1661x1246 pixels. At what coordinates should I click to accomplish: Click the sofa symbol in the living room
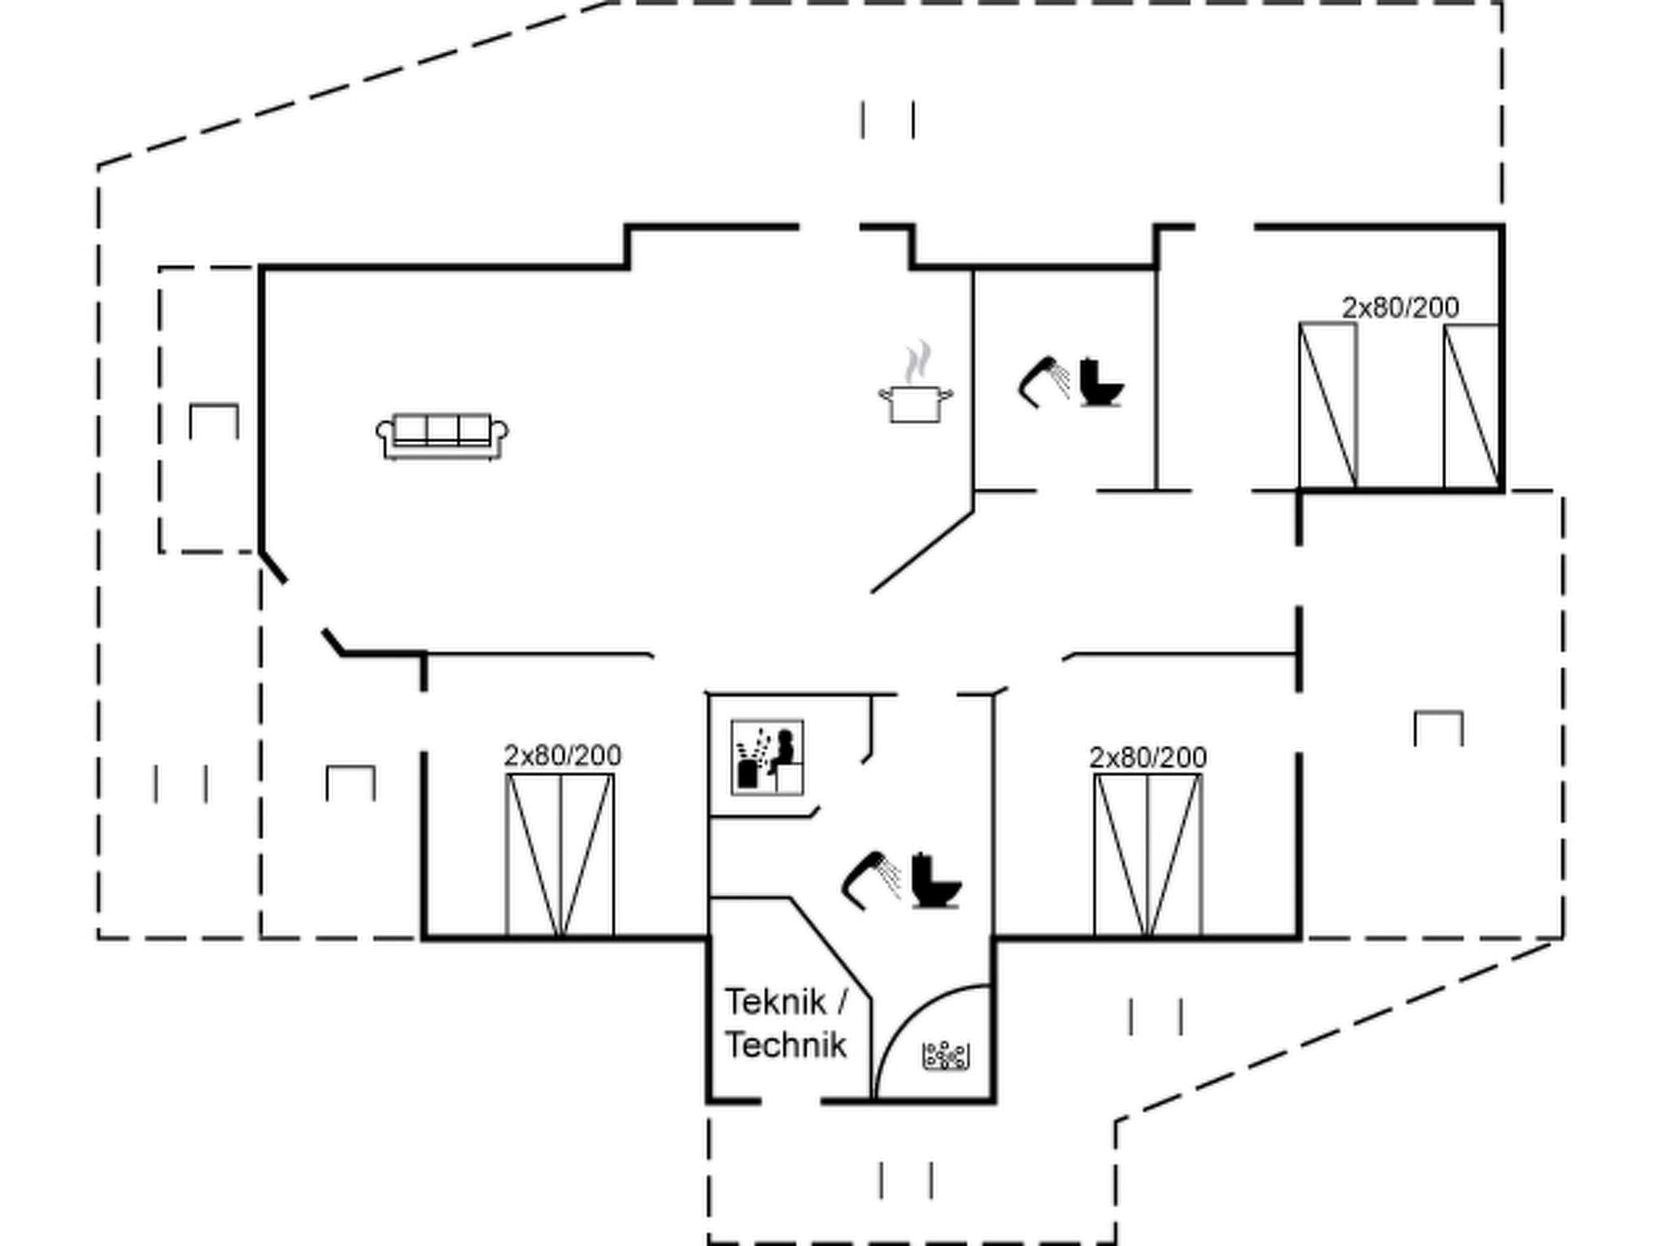point(442,436)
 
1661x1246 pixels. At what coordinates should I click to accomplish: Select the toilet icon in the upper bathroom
point(1101,382)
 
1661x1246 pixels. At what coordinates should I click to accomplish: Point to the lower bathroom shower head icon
point(871,879)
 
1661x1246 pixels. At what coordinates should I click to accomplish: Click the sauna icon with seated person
point(767,757)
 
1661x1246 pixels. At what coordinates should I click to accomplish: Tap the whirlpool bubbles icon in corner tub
point(946,1055)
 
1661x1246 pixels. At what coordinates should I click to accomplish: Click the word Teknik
point(775,1003)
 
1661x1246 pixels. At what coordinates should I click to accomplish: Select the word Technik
point(785,1045)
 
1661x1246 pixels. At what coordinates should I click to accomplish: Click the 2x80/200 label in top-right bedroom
point(1400,307)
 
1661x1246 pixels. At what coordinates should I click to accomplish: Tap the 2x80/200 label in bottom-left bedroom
point(562,756)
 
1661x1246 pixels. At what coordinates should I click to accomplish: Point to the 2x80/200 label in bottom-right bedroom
point(1148,758)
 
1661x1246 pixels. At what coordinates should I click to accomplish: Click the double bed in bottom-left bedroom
point(560,855)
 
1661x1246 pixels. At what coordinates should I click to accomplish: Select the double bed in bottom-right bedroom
point(1148,855)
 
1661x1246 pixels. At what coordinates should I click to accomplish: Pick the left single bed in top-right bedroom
point(1328,406)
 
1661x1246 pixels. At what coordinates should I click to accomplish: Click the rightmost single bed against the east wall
point(1471,406)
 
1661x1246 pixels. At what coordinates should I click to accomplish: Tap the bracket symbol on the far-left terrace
point(214,421)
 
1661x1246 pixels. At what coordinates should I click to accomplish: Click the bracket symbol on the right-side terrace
point(1439,728)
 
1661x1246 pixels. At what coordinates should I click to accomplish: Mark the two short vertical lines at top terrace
point(888,120)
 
